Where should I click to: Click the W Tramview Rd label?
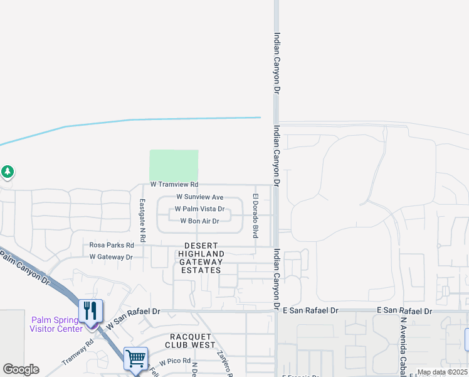174,185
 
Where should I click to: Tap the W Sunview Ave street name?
199,197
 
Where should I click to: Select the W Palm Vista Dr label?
199,209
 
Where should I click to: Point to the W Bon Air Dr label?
199,221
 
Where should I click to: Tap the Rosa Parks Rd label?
112,245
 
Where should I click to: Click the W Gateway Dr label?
111,257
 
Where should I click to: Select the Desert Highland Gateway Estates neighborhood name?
201,258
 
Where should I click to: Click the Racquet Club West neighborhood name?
190,340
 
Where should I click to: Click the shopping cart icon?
135,359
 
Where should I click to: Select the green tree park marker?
7,172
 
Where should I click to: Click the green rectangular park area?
174,165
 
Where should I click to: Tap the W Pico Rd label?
174,363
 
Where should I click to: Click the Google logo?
21,369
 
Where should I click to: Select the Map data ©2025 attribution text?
441,372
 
